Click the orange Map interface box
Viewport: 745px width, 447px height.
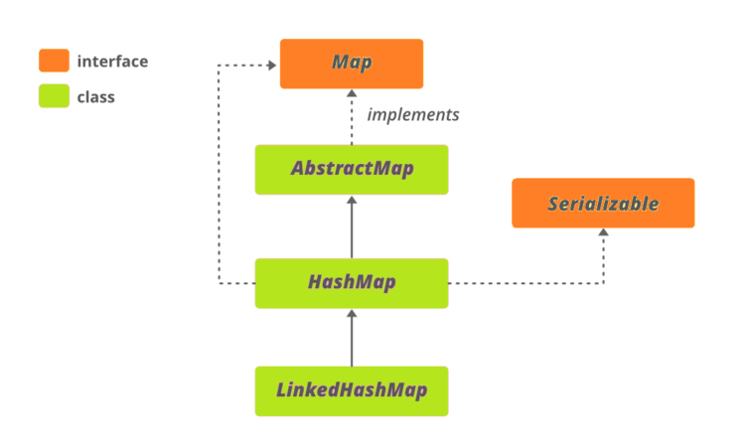[352, 64]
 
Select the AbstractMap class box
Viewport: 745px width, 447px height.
[352, 169]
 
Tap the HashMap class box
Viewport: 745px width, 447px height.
[352, 283]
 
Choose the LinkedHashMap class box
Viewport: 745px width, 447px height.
[352, 390]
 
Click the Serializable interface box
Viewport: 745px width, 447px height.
[603, 204]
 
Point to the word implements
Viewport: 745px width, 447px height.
[413, 115]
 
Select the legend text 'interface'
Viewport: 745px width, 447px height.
[112, 62]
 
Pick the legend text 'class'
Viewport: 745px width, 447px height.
[96, 97]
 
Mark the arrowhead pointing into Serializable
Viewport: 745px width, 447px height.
[603, 233]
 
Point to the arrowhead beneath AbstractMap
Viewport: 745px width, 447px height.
[352, 200]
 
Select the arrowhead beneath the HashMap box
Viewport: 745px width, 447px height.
[352, 314]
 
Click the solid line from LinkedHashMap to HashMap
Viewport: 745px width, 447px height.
[352, 343]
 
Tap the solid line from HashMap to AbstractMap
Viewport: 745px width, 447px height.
[352, 230]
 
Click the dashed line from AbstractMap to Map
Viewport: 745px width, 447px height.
[352, 124]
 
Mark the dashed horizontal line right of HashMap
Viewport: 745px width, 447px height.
[526, 283]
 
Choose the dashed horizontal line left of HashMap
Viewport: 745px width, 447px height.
[236, 283]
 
